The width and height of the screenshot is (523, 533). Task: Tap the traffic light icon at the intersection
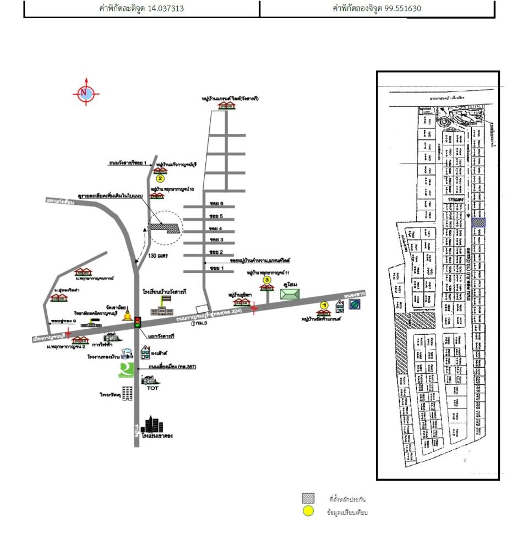138,322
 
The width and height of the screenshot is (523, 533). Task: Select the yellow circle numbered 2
160,178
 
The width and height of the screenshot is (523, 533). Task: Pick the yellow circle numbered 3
268,280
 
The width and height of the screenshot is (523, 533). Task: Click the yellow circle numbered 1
324,304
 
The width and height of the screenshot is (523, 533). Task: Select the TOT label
152,388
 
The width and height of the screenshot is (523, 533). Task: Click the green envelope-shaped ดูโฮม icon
290,293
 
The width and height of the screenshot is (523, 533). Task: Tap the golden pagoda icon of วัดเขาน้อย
128,316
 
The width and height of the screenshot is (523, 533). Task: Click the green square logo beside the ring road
126,370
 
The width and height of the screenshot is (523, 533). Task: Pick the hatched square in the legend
308,499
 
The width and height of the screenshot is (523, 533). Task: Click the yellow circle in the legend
308,512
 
